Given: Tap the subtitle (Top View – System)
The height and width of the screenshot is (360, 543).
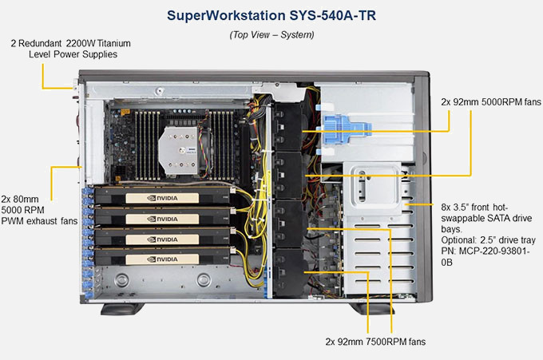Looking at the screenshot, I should pyautogui.click(x=271, y=35).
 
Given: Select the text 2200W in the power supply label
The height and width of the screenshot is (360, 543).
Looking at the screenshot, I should pyautogui.click(x=89, y=42).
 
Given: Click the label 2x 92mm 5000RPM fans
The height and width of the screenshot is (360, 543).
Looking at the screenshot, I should pyautogui.click(x=490, y=102).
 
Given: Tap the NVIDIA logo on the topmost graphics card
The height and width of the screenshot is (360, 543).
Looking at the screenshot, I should pyautogui.click(x=164, y=197).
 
